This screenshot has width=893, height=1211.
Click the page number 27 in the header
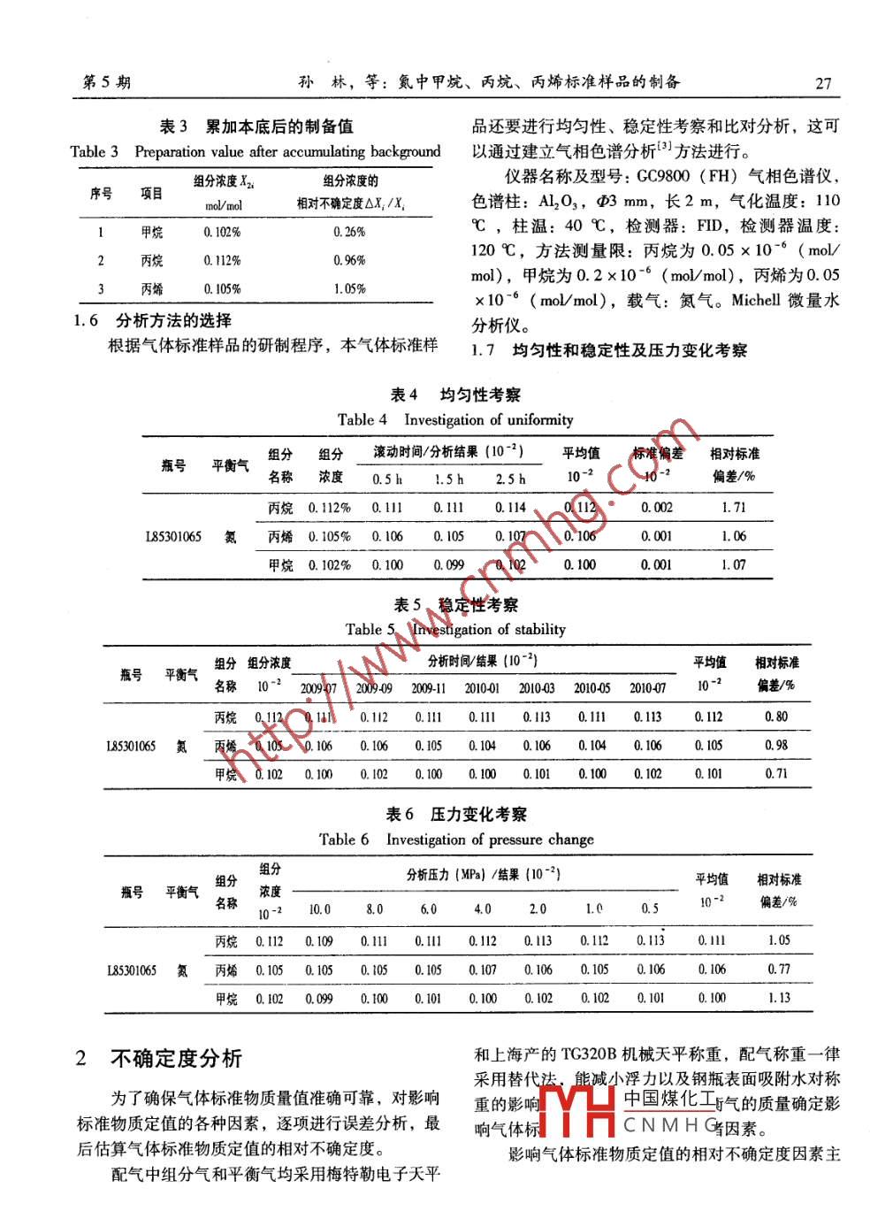[822, 83]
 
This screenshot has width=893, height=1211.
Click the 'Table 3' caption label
[94, 151]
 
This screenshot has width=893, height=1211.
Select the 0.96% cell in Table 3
[349, 260]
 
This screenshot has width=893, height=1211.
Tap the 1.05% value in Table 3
[349, 288]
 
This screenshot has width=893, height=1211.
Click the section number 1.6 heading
[85, 320]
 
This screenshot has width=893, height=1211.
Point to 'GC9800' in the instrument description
[663, 176]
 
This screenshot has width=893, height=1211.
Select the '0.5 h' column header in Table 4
[387, 479]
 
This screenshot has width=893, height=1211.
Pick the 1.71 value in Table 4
[733, 507]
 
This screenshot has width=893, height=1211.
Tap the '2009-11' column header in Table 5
[428, 688]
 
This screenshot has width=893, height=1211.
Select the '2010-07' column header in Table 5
[647, 688]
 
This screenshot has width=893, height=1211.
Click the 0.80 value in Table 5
[775, 717]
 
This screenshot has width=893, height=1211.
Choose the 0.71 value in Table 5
[775, 773]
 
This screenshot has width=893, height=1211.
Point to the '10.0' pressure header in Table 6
[319, 908]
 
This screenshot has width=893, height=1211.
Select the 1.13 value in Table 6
[778, 998]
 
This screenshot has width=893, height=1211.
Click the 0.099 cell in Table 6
[319, 998]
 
